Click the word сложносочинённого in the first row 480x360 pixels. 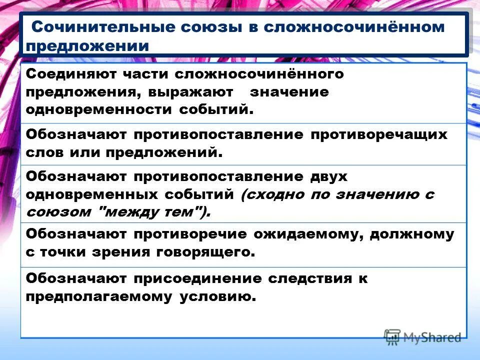259,74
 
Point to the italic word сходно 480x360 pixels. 269,195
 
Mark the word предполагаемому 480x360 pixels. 97,296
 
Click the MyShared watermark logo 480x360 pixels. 422,337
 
